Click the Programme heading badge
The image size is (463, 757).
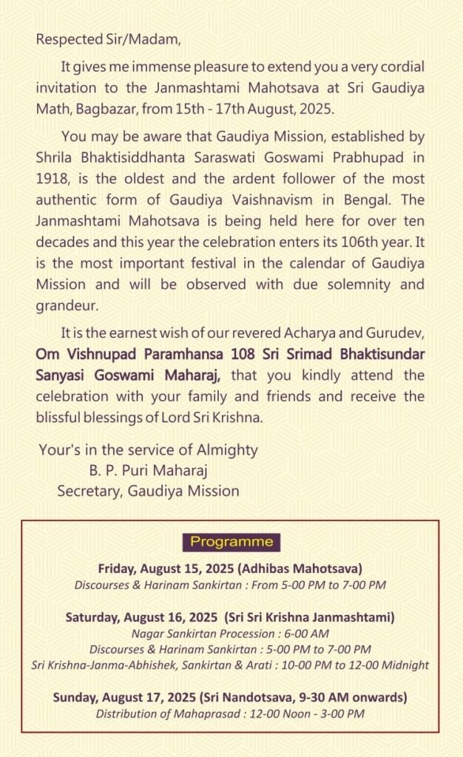[231, 542]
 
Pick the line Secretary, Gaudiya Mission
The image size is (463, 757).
[148, 490]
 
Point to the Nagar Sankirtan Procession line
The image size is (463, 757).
[231, 634]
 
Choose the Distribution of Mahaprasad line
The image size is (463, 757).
[231, 713]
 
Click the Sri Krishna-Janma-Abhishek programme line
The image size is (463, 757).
[231, 665]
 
